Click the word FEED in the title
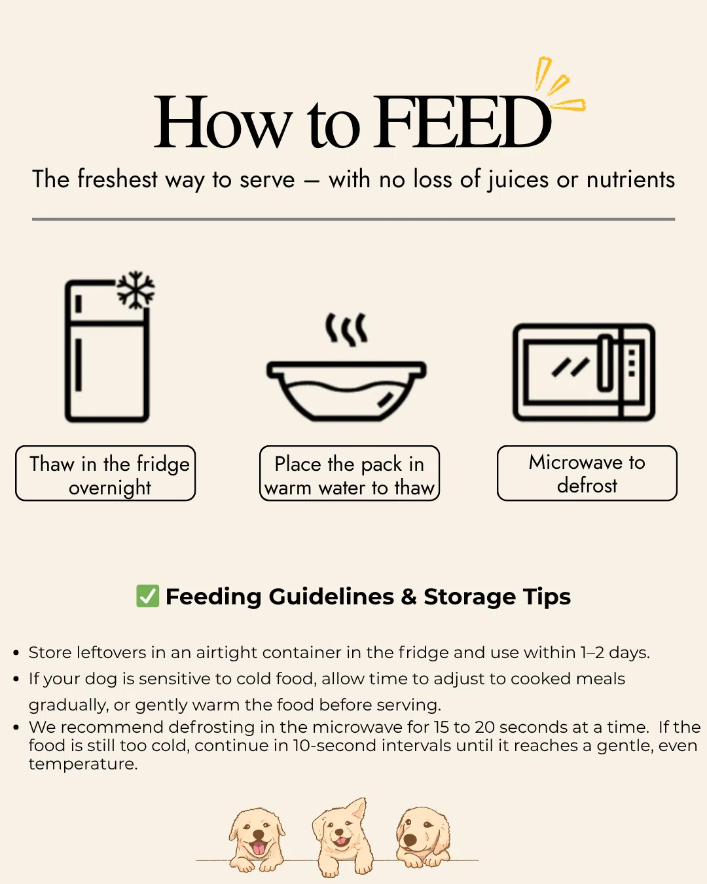pos(462,122)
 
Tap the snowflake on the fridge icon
pos(136,289)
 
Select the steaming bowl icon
pos(346,367)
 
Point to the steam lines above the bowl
pos(346,329)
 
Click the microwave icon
pos(584,372)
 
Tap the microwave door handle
pos(605,363)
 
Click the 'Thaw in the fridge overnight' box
pos(105,473)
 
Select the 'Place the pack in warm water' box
pos(350,473)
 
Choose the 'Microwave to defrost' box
pos(587,473)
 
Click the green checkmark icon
pos(147,596)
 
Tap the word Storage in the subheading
pos(469,597)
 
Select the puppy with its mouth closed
pos(423,837)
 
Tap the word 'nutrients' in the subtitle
pos(630,180)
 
